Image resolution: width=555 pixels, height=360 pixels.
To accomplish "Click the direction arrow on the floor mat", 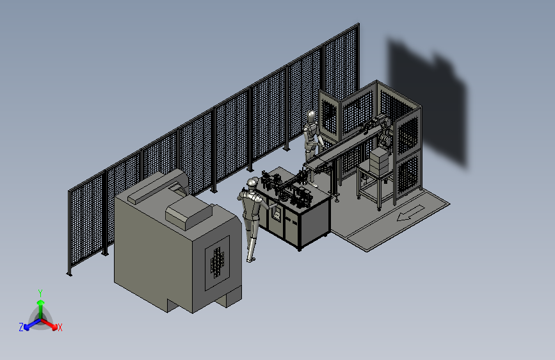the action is [410, 213].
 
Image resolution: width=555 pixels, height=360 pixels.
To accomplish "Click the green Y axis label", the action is [40, 293].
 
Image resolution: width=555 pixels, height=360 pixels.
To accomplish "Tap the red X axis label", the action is [60, 328].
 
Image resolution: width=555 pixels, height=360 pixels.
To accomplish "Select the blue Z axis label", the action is [21, 327].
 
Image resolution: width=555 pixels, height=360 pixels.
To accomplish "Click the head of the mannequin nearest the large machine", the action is [252, 183].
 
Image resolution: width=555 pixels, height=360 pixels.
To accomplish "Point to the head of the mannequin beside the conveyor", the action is [312, 116].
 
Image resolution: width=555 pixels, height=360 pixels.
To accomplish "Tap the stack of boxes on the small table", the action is [380, 161].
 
